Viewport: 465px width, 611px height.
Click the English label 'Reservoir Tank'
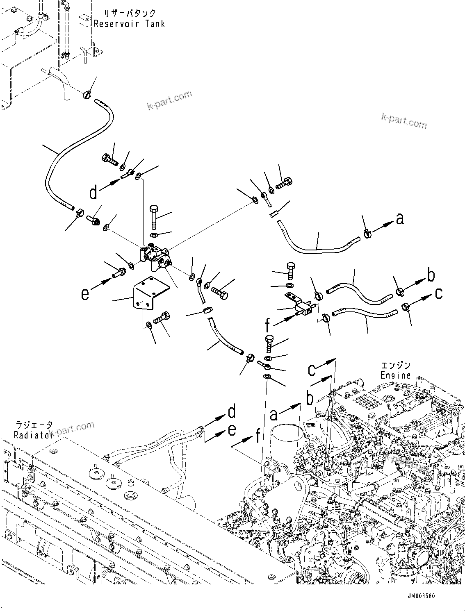click(x=129, y=24)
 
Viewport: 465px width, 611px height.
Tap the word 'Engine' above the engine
click(x=395, y=375)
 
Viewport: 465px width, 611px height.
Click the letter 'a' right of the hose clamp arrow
click(x=400, y=220)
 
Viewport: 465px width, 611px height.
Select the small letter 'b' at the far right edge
click(x=431, y=275)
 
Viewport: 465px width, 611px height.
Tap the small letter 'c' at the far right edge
click(x=439, y=293)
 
